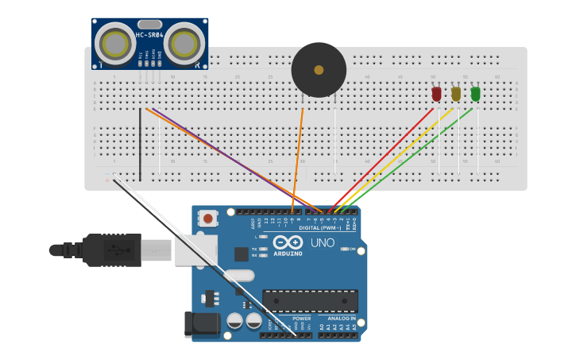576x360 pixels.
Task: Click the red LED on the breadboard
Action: pyautogui.click(x=436, y=94)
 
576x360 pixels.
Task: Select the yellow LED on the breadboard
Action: pyautogui.click(x=455, y=94)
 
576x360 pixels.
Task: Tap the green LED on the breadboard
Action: pyautogui.click(x=475, y=94)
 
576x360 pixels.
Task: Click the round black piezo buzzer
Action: pyautogui.click(x=319, y=70)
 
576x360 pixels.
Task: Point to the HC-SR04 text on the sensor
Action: pyautogui.click(x=149, y=34)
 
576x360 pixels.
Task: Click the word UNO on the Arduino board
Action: pyautogui.click(x=322, y=243)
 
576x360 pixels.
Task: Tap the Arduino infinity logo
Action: pyautogui.click(x=288, y=242)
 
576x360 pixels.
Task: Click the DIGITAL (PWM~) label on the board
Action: pyautogui.click(x=320, y=227)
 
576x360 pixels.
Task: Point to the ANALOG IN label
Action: pyautogui.click(x=338, y=318)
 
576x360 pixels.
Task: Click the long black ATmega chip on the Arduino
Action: pyautogui.click(x=310, y=300)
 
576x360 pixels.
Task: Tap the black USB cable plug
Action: pyautogui.click(x=111, y=250)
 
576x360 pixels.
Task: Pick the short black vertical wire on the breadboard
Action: pyautogui.click(x=141, y=145)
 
